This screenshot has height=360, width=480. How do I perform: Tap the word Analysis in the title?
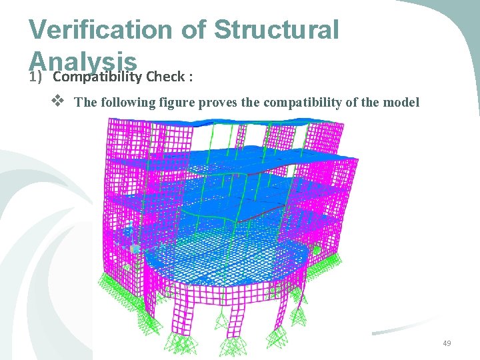coord(84,61)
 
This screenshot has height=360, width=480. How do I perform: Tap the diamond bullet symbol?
coord(57,102)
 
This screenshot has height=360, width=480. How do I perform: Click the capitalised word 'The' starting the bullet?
coord(85,103)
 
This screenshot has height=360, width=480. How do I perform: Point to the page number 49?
coord(446,343)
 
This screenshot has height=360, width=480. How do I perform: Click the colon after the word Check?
coord(191,76)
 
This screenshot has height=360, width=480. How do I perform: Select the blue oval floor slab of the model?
coord(227,259)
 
